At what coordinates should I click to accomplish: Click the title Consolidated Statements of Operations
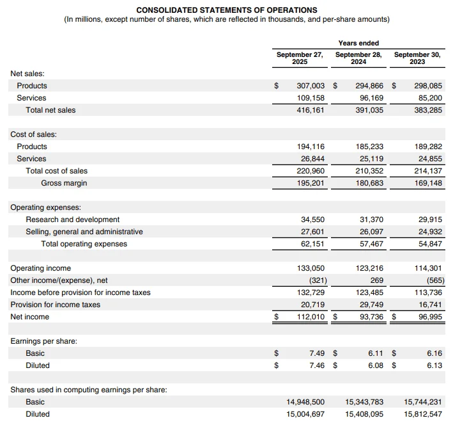(x=226, y=10)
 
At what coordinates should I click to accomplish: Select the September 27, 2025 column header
(x=300, y=58)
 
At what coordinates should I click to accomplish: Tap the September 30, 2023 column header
(x=417, y=58)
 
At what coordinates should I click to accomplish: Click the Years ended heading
(x=358, y=43)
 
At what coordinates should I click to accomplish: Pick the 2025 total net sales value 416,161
(x=311, y=110)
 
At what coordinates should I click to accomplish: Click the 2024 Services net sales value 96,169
(x=370, y=98)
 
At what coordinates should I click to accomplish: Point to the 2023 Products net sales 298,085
(x=427, y=86)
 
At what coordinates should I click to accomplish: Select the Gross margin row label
(x=64, y=183)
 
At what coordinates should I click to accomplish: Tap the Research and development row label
(x=72, y=220)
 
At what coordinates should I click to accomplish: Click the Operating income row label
(x=41, y=268)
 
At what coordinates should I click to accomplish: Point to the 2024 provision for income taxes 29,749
(x=371, y=305)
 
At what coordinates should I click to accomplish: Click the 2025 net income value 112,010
(x=311, y=317)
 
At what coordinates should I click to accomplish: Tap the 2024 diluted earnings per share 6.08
(x=376, y=365)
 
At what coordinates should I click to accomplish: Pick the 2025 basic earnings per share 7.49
(x=317, y=353)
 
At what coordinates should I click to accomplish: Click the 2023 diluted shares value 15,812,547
(x=422, y=414)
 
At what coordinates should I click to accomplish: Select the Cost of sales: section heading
(x=34, y=134)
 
